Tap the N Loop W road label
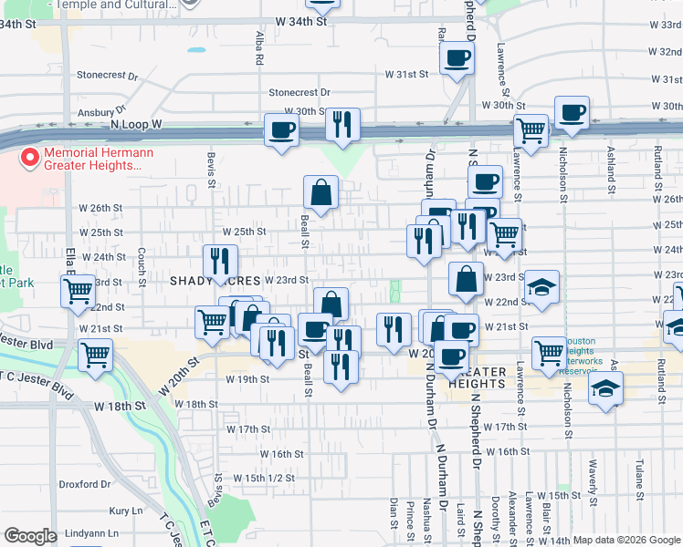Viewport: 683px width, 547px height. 136,123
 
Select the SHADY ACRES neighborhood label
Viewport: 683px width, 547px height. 215,281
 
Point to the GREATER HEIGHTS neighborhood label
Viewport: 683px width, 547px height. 477,384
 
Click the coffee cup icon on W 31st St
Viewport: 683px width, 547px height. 457,59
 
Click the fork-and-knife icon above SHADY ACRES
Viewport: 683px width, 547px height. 219,261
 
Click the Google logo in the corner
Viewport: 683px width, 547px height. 30,536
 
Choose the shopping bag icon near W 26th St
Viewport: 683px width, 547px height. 321,192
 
